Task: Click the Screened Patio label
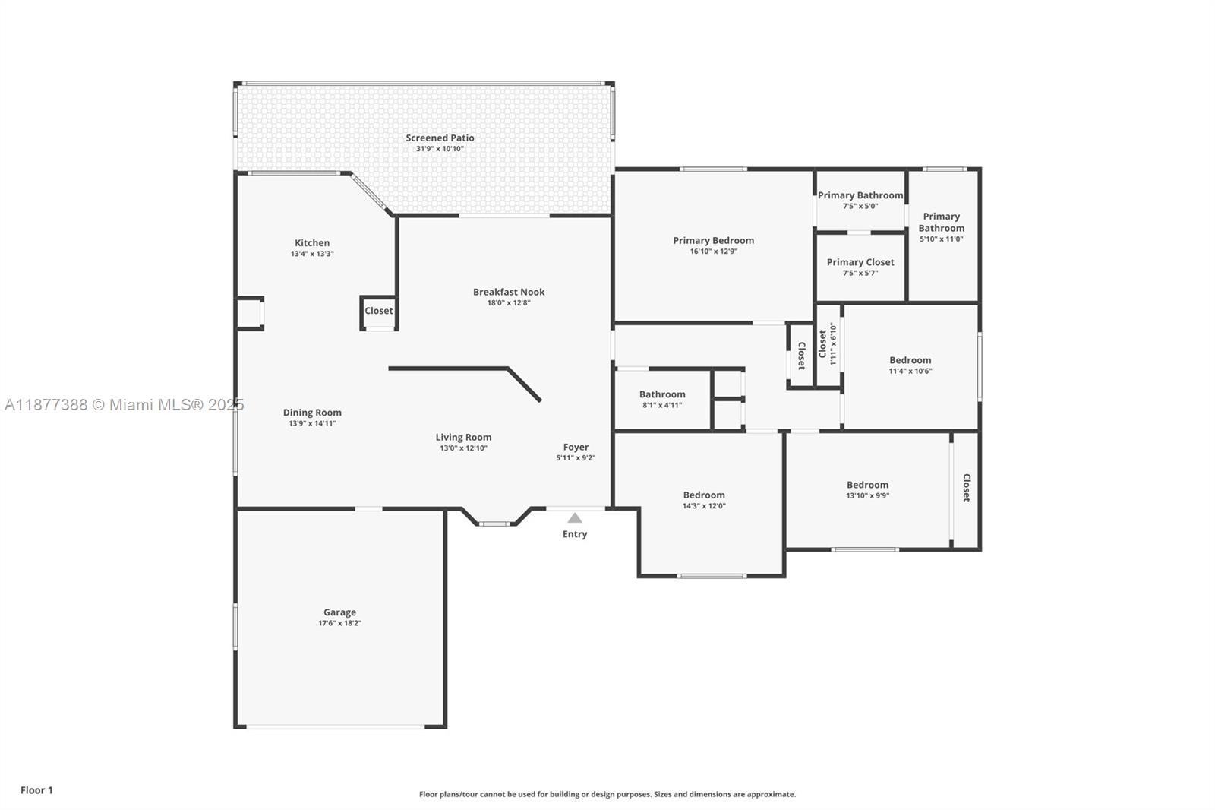(440, 138)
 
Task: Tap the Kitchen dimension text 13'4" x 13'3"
(312, 254)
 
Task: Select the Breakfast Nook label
(509, 292)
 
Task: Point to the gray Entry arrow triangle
(575, 517)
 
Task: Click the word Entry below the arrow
(575, 534)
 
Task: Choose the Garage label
(340, 612)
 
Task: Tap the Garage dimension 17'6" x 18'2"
(340, 623)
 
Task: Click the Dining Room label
(312, 413)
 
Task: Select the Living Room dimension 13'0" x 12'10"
(464, 448)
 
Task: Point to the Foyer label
(576, 447)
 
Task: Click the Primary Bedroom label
(714, 240)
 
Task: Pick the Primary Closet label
(861, 262)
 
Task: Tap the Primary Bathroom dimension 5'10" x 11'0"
(942, 239)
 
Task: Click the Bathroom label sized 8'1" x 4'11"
(662, 394)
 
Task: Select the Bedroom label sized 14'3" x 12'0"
(704, 495)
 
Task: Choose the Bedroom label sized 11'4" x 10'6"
(910, 360)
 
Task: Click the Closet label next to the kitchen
(379, 311)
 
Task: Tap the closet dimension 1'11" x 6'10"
(834, 343)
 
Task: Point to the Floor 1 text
(37, 790)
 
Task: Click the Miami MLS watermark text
(125, 405)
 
